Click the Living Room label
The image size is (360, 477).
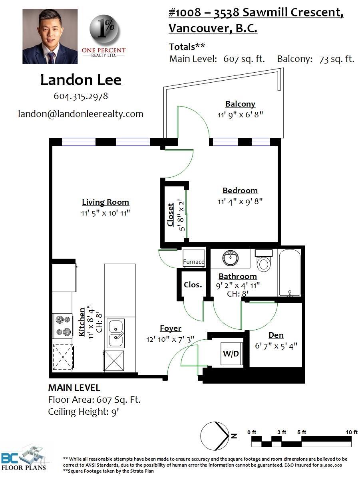(105, 202)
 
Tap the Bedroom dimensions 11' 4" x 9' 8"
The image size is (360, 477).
(240, 202)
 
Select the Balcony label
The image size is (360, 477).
(240, 104)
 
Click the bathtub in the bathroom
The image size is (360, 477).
(289, 273)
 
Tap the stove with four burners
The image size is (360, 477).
(62, 325)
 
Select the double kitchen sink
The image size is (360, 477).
(116, 333)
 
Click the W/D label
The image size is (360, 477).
(231, 354)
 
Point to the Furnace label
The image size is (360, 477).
(194, 261)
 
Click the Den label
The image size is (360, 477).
(276, 335)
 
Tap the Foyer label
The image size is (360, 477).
(171, 328)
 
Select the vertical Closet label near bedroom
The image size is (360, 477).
(171, 215)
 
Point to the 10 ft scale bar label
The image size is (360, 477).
(352, 432)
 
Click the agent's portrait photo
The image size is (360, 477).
(50, 36)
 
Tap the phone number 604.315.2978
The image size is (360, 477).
(81, 96)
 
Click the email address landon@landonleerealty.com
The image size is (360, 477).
(81, 114)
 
